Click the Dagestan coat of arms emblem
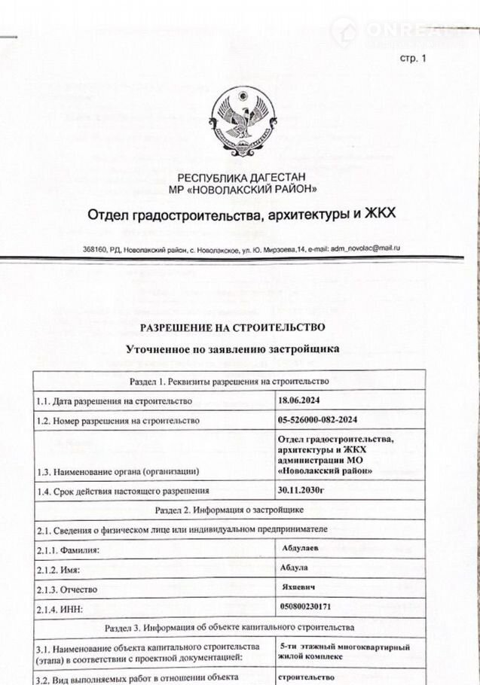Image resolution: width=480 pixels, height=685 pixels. (x=240, y=119)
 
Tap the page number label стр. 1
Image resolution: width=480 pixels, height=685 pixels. (x=413, y=57)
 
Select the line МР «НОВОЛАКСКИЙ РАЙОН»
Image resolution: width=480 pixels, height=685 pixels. (x=243, y=189)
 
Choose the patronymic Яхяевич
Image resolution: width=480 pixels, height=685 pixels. (x=296, y=587)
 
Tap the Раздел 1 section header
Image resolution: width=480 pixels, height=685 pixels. (x=229, y=381)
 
